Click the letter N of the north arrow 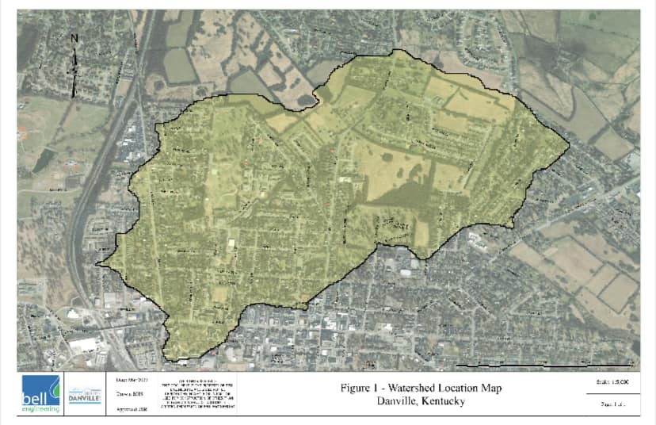(x=74, y=38)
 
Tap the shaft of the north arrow (x=74, y=71)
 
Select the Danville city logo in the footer (x=84, y=396)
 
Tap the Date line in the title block (x=131, y=380)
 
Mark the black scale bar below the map (x=546, y=366)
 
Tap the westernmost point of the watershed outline (x=97, y=265)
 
